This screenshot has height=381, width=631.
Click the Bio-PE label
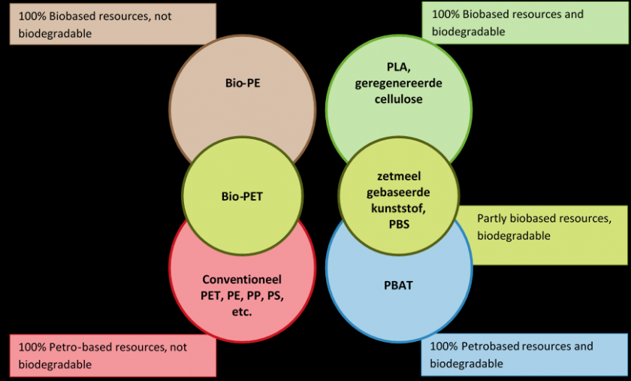click(242, 83)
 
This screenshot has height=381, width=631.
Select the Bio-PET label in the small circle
click(242, 197)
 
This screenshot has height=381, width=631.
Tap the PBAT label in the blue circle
click(398, 285)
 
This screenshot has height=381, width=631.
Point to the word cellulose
click(398, 98)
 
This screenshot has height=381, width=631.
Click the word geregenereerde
click(398, 83)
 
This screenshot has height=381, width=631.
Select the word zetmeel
click(398, 177)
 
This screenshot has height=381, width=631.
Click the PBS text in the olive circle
click(398, 223)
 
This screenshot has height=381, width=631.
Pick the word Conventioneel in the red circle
click(242, 279)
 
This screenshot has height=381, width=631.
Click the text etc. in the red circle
click(242, 310)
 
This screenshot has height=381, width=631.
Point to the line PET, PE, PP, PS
click(242, 295)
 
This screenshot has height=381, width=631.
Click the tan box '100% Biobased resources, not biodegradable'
click(112, 24)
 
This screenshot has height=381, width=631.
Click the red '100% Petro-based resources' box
click(112, 355)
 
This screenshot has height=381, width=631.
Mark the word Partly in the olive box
click(492, 219)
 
